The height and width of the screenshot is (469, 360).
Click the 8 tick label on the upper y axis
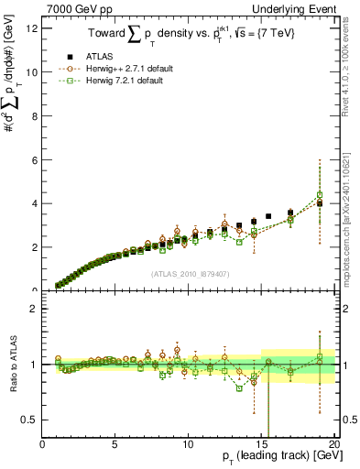tap(34, 115)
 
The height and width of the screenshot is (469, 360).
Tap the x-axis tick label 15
tap(262, 444)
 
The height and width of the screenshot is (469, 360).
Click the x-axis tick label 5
tap(115, 444)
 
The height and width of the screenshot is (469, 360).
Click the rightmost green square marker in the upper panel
tap(320, 194)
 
